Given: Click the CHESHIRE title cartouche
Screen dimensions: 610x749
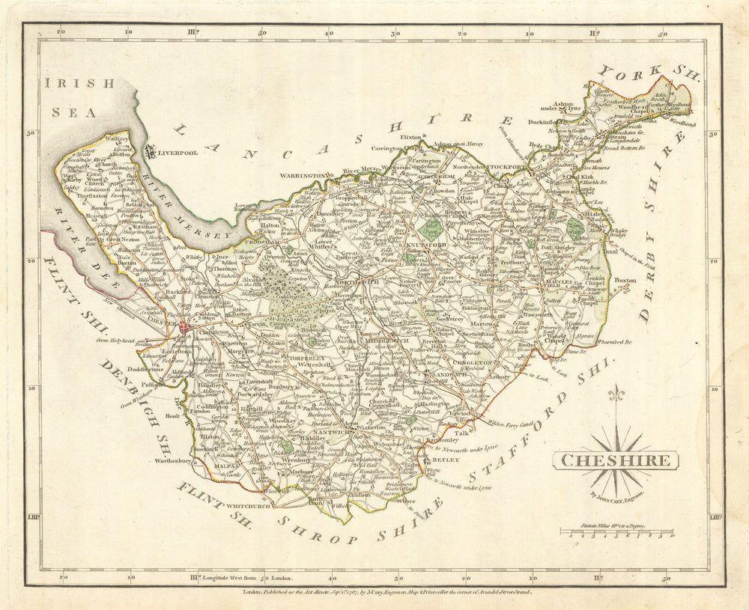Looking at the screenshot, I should click(616, 460).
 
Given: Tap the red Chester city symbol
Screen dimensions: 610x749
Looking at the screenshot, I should click(184, 328).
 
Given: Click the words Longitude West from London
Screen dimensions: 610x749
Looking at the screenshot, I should click(248, 578).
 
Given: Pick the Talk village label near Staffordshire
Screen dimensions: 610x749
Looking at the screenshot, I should click(461, 433).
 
